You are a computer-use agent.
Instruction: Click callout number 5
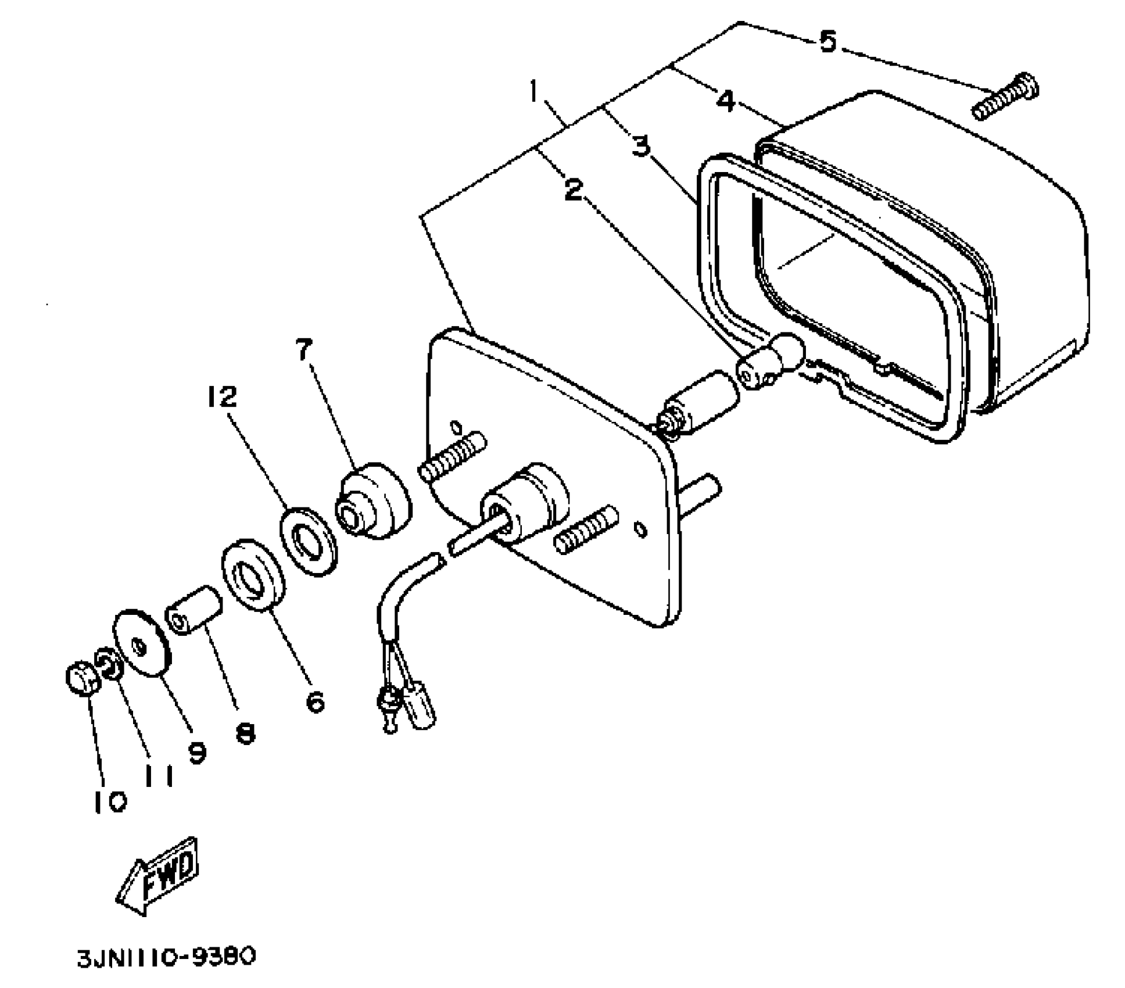827,42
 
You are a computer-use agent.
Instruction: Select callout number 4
726,102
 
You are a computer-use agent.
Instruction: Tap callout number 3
640,146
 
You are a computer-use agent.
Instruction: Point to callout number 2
574,190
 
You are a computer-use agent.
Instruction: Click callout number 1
533,92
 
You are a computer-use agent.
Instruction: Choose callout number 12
223,398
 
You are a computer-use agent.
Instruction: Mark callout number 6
314,703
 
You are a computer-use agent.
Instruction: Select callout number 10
110,803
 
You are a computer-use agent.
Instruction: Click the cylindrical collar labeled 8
194,610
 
